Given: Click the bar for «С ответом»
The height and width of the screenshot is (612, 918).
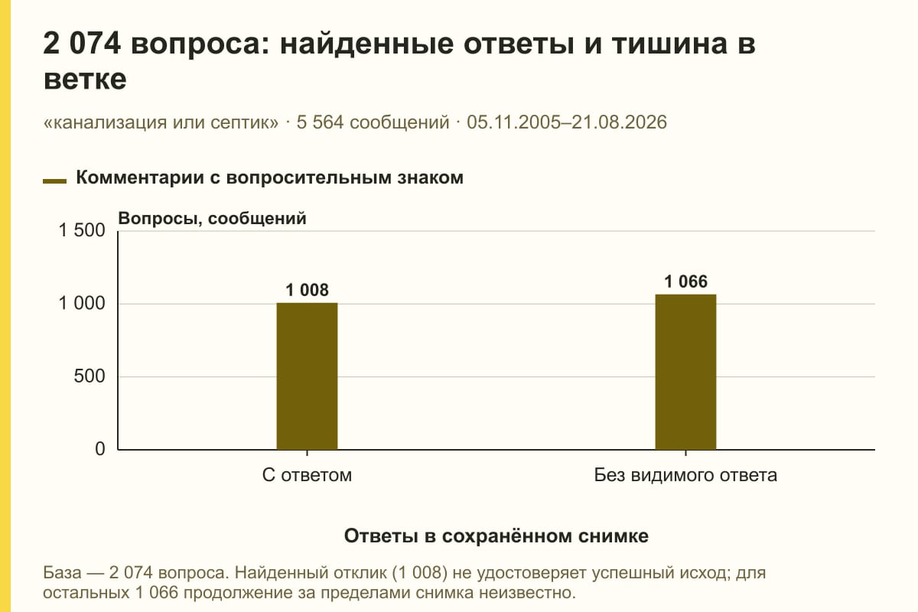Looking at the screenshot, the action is point(307,376).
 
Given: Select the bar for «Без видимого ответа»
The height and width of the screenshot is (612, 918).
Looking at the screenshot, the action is point(685,372).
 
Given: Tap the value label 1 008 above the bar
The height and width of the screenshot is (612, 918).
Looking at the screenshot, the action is point(307,290).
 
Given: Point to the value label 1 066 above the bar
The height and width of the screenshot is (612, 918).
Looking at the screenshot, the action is point(685,282).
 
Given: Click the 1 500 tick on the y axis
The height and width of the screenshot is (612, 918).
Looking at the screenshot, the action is point(82,230).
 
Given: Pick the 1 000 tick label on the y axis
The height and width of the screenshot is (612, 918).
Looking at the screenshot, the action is point(82,304).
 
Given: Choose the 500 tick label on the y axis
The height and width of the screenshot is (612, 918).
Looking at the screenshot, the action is point(90,376).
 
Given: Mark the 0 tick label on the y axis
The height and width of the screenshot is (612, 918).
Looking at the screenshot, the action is point(100,449).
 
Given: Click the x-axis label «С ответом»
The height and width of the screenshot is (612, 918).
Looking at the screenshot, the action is point(307,475).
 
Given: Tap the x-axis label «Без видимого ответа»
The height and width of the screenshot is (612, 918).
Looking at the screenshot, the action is point(685,475).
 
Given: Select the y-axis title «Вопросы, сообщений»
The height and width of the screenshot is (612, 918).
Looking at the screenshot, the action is point(213,219).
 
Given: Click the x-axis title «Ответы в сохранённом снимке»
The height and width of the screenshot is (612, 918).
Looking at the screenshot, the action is point(496,535).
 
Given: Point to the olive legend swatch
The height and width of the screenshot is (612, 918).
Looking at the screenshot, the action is point(54,181).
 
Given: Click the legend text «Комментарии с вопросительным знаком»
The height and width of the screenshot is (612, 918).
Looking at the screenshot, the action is point(269,178).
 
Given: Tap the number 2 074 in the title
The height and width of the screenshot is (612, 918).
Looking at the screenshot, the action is point(82,44).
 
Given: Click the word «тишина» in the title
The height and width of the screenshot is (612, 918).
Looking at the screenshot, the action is point(669,44).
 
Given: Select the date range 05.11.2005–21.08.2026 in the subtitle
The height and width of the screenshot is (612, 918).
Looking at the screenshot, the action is point(567,122).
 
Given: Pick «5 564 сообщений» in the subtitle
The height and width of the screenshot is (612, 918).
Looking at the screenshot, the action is point(373,122).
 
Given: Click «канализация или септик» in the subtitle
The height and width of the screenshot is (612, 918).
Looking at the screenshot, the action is point(161,122).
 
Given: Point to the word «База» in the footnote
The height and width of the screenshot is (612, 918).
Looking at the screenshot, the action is point(62,573).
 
